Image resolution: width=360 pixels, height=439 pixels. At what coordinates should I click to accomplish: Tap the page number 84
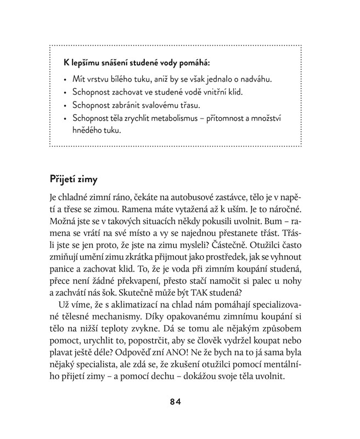175,401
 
